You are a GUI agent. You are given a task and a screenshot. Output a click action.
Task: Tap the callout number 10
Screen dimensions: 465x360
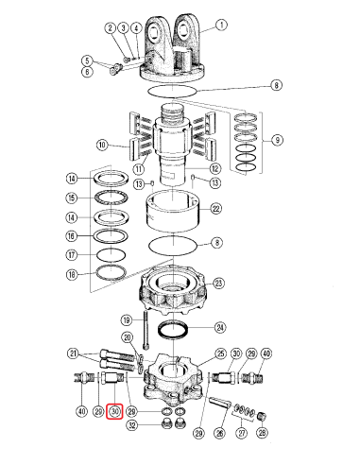point(102,145)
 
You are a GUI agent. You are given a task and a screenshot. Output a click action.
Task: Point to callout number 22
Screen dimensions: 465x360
point(215,208)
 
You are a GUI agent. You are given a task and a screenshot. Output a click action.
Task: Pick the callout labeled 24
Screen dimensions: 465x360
point(220,328)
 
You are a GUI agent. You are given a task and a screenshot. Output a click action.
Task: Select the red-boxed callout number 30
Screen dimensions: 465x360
point(114,411)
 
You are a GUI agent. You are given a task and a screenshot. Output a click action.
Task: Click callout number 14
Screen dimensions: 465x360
point(71,180)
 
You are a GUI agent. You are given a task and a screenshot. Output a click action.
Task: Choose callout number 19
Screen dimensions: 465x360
point(125,320)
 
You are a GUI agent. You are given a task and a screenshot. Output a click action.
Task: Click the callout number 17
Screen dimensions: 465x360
point(71,254)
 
